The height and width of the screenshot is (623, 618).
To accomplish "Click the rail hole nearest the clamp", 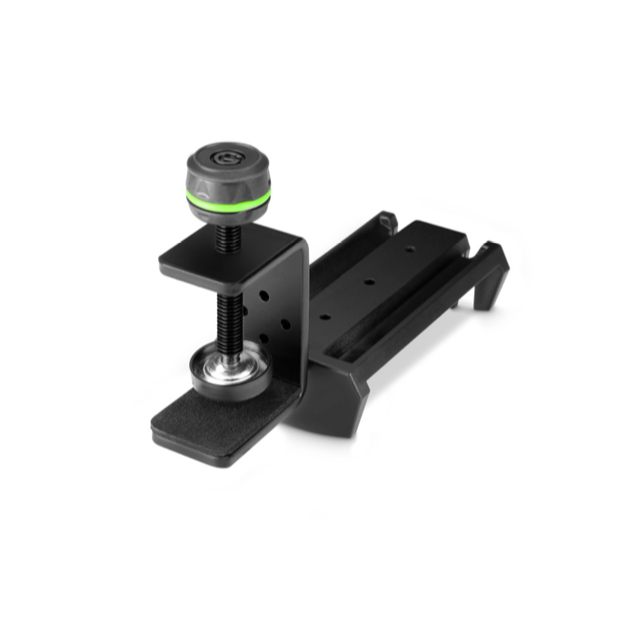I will (324, 318).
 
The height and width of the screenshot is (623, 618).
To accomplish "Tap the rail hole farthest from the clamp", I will (408, 247).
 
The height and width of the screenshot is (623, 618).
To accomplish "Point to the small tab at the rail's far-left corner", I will (386, 220).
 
